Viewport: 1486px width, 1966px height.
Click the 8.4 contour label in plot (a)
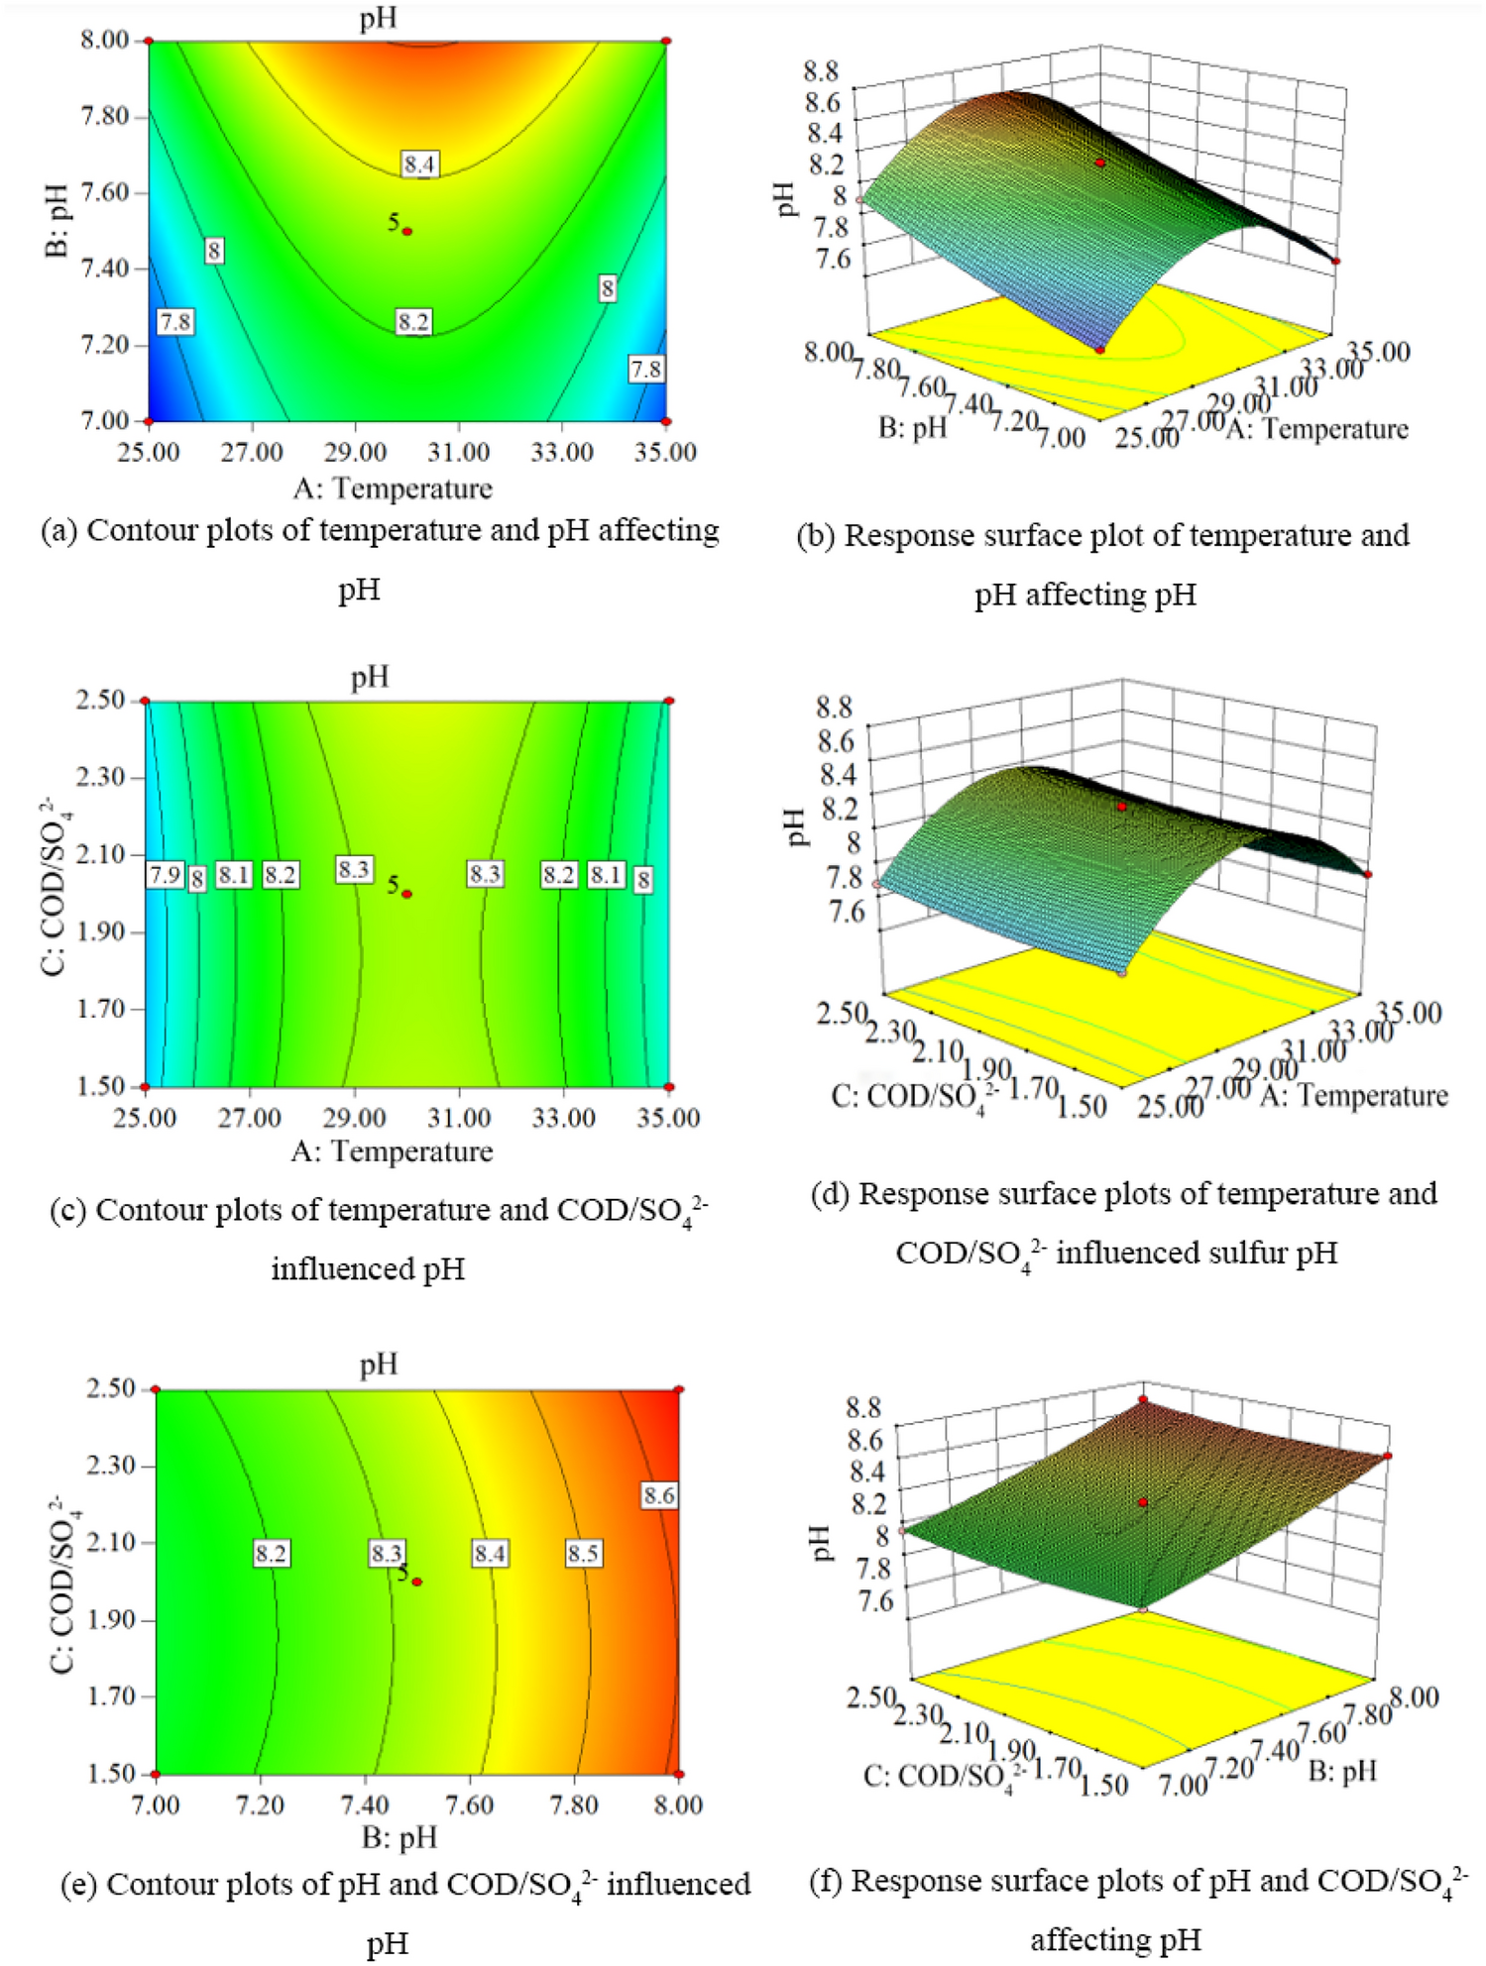click(x=419, y=164)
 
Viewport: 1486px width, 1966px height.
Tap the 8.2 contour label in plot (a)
click(x=413, y=321)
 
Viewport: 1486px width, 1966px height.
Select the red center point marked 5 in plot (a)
click(x=407, y=231)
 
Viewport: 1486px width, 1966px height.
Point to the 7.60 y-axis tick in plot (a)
click(x=104, y=192)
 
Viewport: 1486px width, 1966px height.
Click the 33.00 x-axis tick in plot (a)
click(x=562, y=453)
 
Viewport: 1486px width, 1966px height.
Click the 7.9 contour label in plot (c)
click(x=165, y=874)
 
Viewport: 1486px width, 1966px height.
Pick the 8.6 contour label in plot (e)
click(x=658, y=1495)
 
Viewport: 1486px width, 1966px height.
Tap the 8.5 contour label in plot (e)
click(x=583, y=1553)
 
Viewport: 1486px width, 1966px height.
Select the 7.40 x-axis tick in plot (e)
click(x=365, y=1804)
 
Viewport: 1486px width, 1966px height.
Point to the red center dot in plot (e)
click(x=417, y=1582)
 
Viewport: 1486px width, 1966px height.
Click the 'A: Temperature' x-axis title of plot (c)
click(x=392, y=1151)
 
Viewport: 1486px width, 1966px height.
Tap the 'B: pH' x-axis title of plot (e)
click(x=400, y=1838)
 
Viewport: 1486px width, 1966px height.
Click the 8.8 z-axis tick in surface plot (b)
click(x=822, y=71)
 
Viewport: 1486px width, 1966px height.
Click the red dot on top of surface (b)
click(x=1100, y=163)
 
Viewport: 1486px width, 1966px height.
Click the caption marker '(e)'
click(x=79, y=1884)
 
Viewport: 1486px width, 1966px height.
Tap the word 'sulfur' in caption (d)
click(x=1254, y=1253)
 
